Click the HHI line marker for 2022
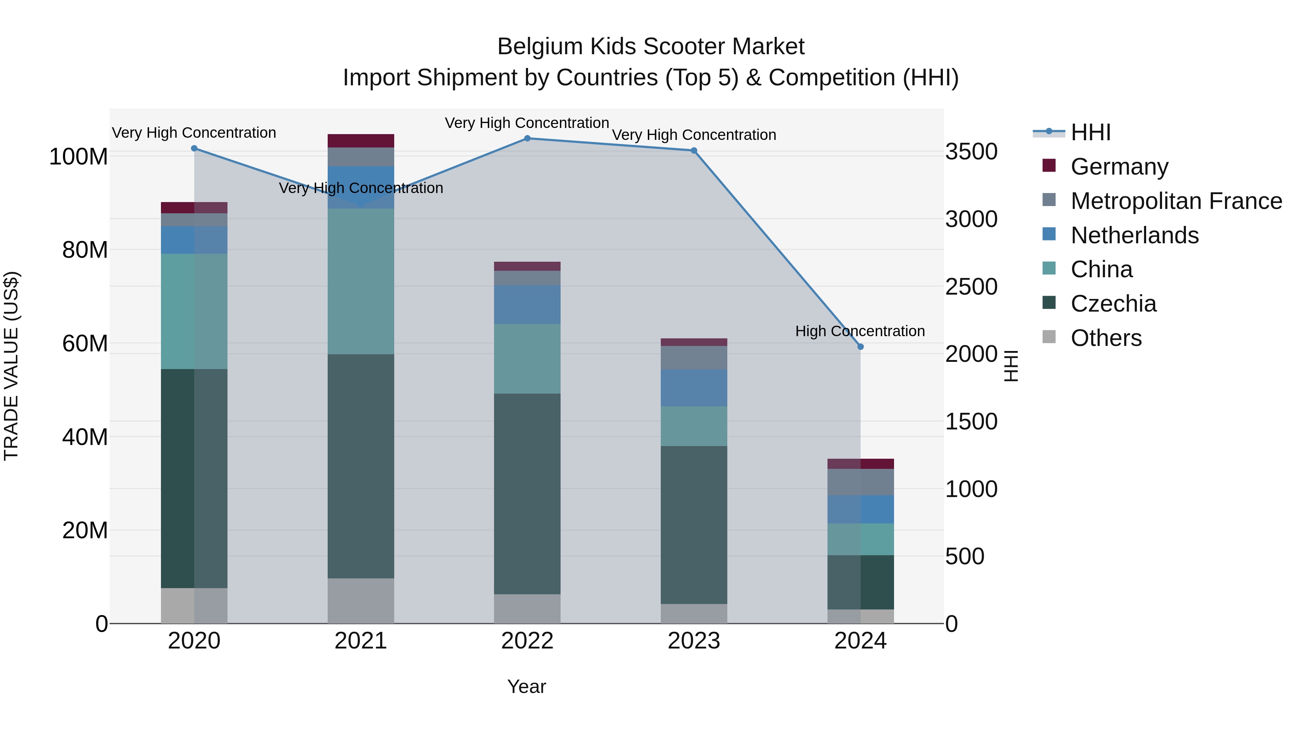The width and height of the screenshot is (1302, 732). tap(527, 138)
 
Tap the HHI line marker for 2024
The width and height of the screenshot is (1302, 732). tap(861, 347)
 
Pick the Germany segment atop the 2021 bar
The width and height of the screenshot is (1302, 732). tap(361, 141)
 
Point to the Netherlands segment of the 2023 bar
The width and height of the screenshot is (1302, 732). tap(694, 388)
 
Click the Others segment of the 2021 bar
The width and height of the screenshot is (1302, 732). tap(361, 601)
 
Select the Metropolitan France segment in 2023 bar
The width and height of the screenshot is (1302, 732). tap(694, 358)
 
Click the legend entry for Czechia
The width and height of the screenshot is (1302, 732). tap(1113, 304)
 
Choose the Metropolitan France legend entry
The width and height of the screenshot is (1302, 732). tap(1176, 201)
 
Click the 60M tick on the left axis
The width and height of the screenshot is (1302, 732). tap(85, 343)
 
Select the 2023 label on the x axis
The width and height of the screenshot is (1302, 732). tap(694, 641)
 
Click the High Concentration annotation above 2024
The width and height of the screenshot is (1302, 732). tap(860, 331)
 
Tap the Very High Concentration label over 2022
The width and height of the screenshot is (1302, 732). tap(527, 123)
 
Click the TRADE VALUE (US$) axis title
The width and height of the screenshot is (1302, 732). tap(11, 366)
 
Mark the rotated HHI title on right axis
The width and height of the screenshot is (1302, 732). tap(1011, 366)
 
